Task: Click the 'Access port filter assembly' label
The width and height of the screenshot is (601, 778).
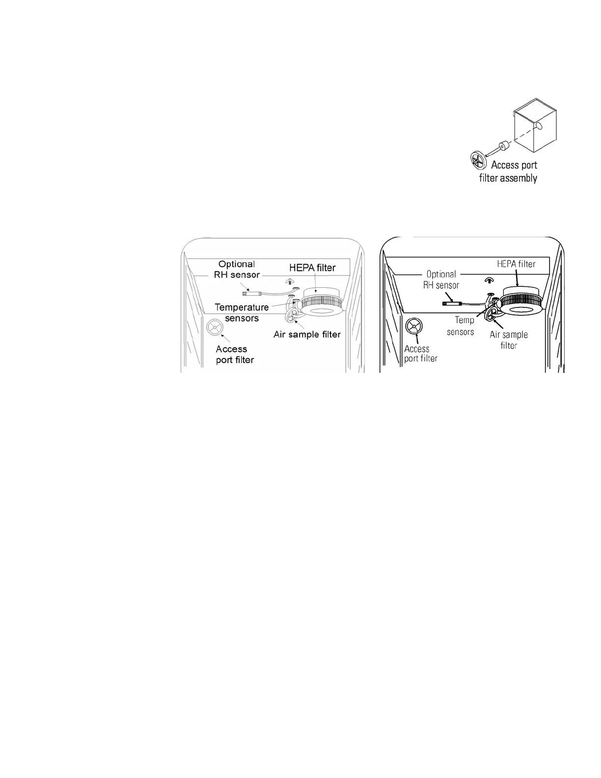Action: (508, 171)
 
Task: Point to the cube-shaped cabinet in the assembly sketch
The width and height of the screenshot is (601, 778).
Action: (535, 125)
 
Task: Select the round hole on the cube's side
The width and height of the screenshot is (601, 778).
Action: (540, 126)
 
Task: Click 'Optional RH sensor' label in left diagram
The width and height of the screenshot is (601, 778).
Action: (237, 269)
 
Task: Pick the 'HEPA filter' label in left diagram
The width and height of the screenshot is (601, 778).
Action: (312, 268)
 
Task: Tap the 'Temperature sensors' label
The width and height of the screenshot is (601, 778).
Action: (242, 312)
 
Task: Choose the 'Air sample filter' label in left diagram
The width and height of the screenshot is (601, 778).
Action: (307, 334)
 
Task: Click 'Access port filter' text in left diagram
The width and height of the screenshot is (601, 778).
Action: (235, 355)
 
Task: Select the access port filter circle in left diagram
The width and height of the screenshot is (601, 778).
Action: (215, 328)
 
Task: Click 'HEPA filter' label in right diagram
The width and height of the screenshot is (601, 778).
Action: (516, 264)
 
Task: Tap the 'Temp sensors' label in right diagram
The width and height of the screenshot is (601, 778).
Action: (461, 326)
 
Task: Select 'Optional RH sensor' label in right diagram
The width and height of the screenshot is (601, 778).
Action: (441, 279)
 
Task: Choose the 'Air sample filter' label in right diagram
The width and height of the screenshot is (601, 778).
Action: (509, 340)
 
